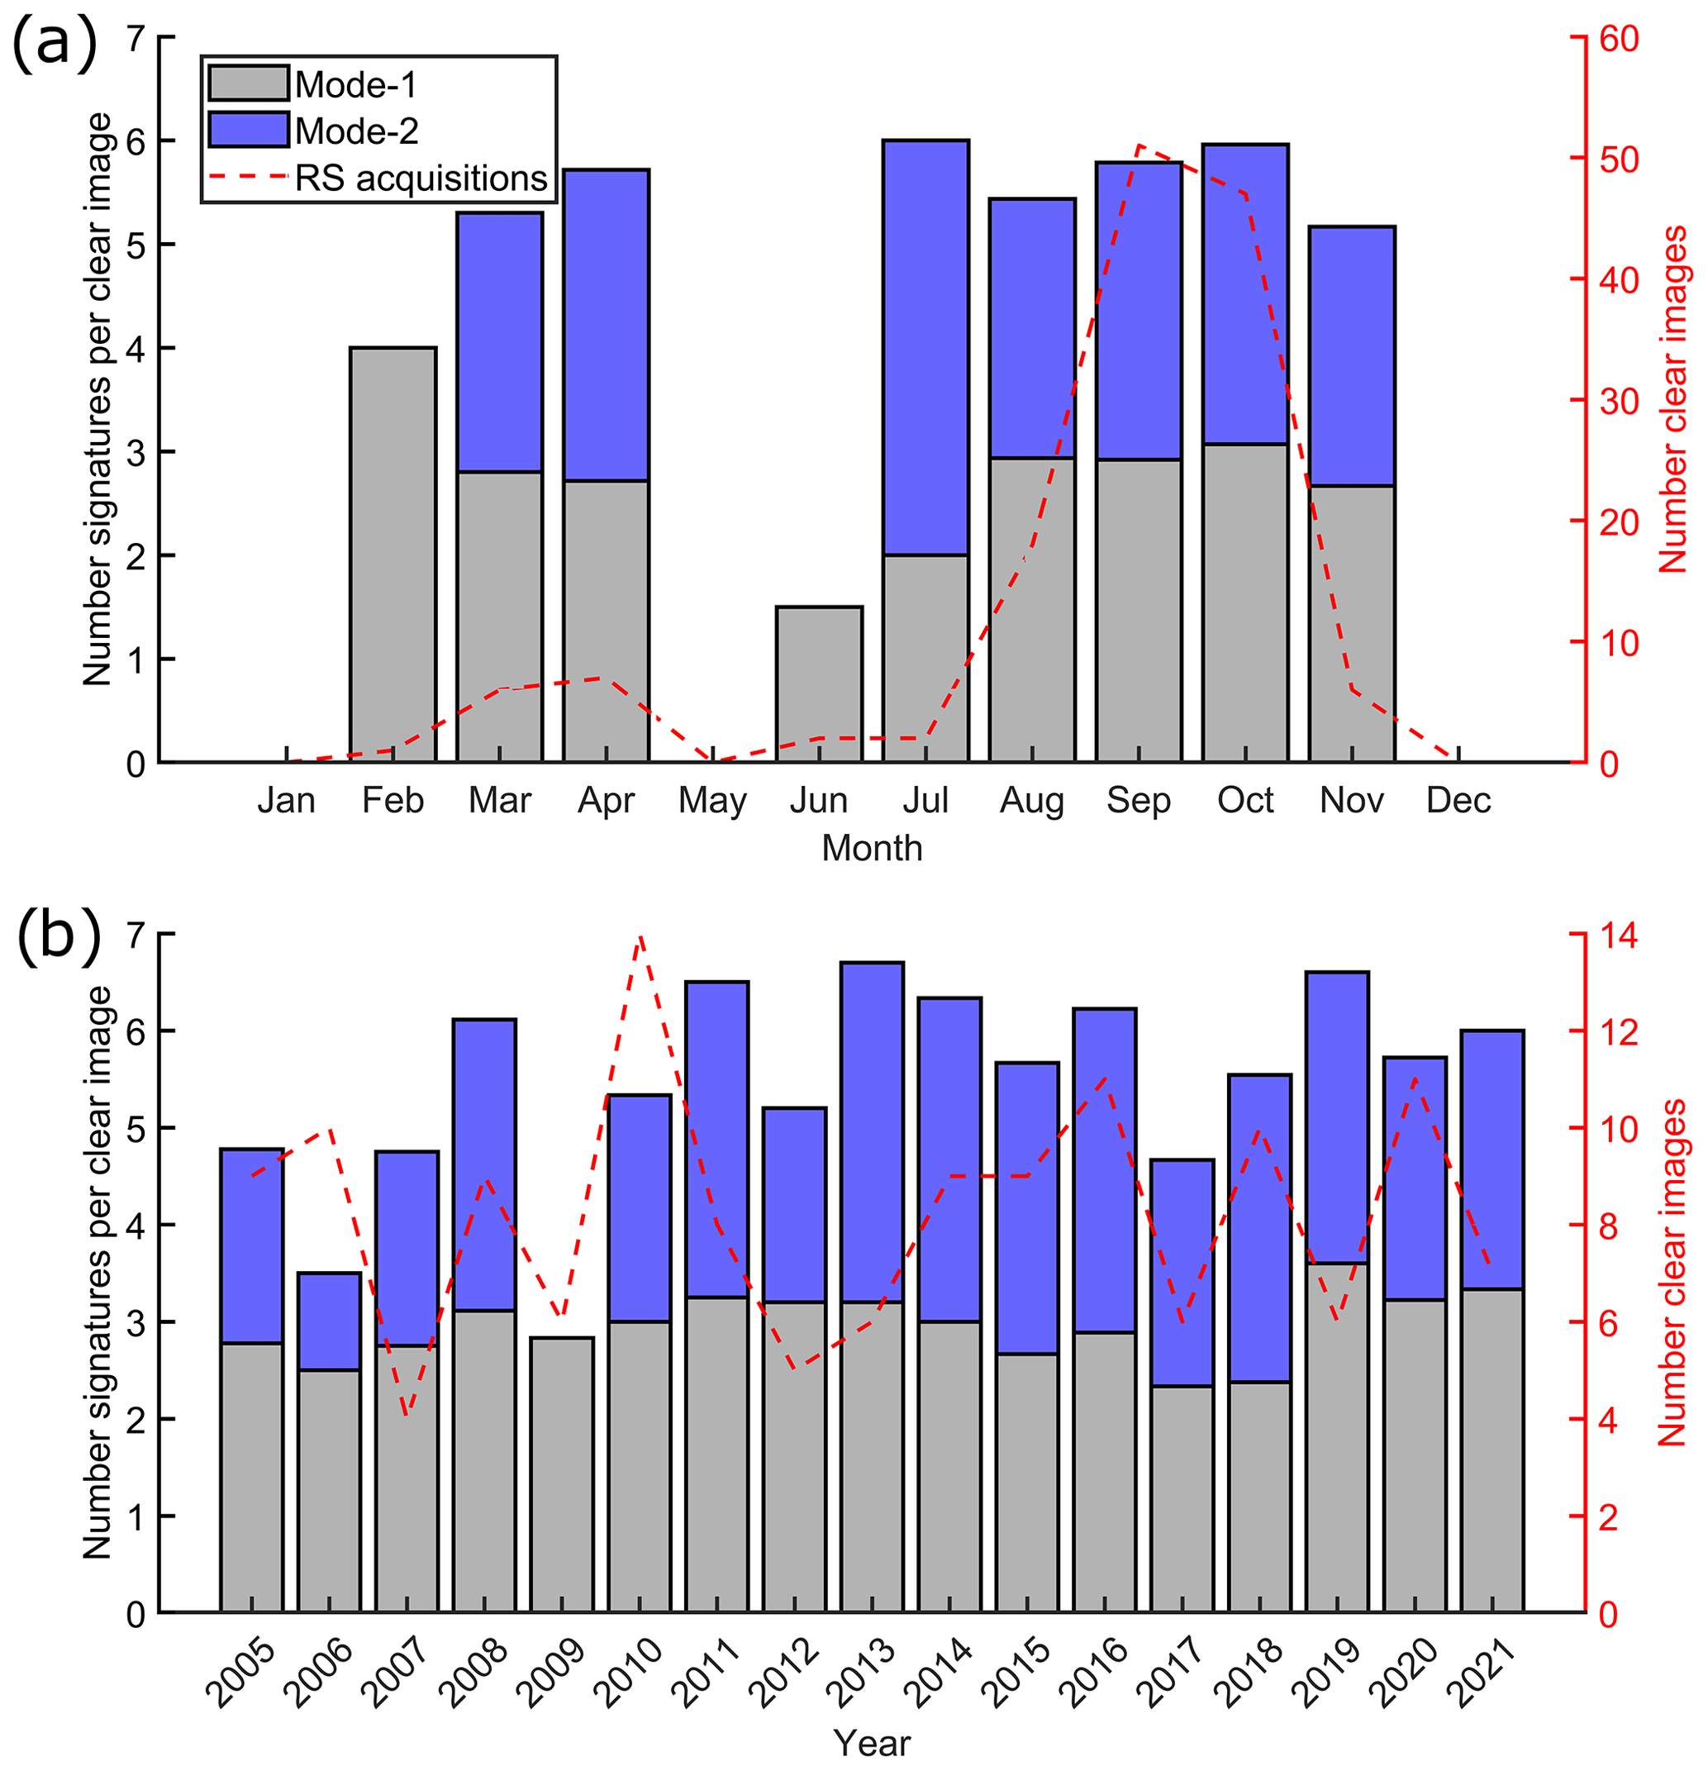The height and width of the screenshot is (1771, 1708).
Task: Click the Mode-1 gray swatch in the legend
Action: (248, 83)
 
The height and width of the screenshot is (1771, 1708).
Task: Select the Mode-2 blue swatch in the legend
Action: (248, 130)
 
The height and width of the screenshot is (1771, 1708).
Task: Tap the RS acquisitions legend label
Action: (421, 178)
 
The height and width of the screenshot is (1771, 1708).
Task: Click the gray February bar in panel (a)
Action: (393, 554)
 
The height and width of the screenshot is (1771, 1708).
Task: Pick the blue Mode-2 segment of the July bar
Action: (925, 347)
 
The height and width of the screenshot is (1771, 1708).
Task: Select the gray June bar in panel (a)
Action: (819, 684)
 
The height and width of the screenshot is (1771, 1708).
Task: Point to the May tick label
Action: (713, 801)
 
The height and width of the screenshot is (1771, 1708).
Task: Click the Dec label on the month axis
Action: (1458, 801)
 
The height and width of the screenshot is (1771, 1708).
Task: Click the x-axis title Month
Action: (872, 849)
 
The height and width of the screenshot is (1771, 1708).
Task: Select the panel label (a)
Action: (55, 43)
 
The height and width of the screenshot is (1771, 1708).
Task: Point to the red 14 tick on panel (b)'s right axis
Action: (1619, 936)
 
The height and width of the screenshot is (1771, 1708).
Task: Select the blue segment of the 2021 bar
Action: (1492, 1159)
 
